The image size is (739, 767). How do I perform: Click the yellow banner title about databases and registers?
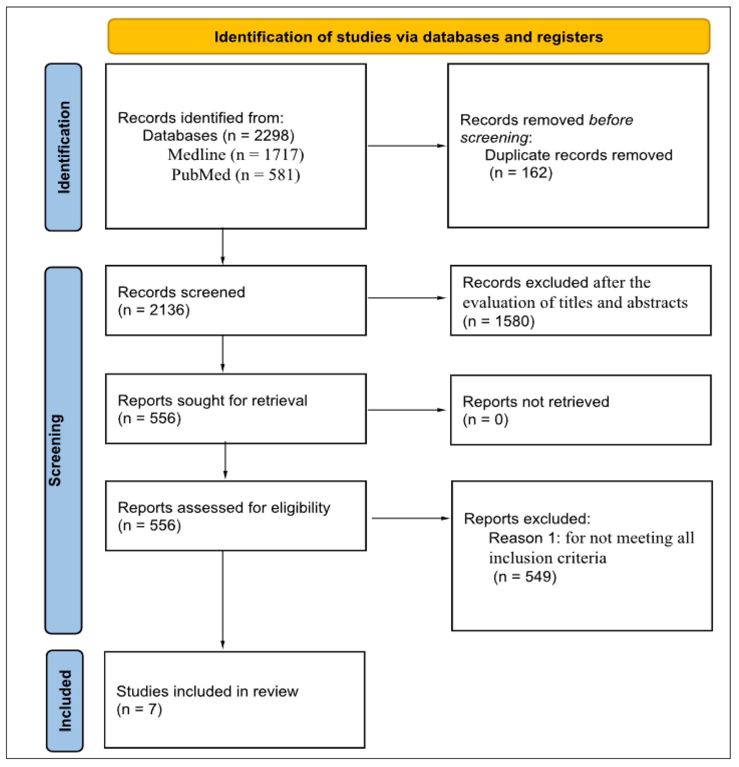pos(408,37)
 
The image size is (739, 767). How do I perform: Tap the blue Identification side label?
pos(63,147)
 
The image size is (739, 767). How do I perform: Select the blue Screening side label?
pos(55,450)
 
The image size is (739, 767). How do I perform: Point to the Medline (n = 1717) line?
pos(236,155)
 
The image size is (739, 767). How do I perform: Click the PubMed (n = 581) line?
pos(236,174)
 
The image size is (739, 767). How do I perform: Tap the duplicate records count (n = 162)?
pos(521,173)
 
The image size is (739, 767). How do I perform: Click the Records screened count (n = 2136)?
pos(154,310)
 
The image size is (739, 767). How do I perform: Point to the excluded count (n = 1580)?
pos(498,321)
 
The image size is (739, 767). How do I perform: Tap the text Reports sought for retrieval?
pos(212,400)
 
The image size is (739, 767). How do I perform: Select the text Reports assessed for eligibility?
pos(224,508)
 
